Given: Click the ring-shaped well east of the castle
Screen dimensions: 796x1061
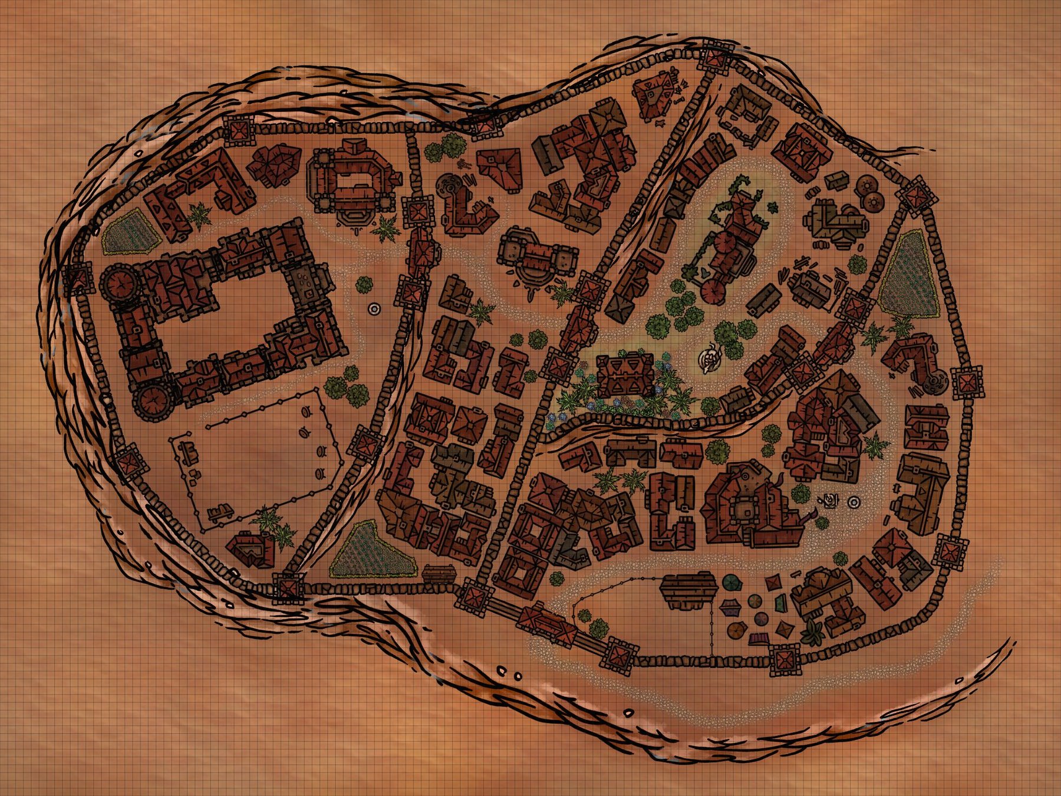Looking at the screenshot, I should point(374,308).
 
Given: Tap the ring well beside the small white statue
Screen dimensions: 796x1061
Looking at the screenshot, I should point(853,502).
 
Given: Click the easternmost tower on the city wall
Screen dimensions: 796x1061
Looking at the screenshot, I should point(967,382).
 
